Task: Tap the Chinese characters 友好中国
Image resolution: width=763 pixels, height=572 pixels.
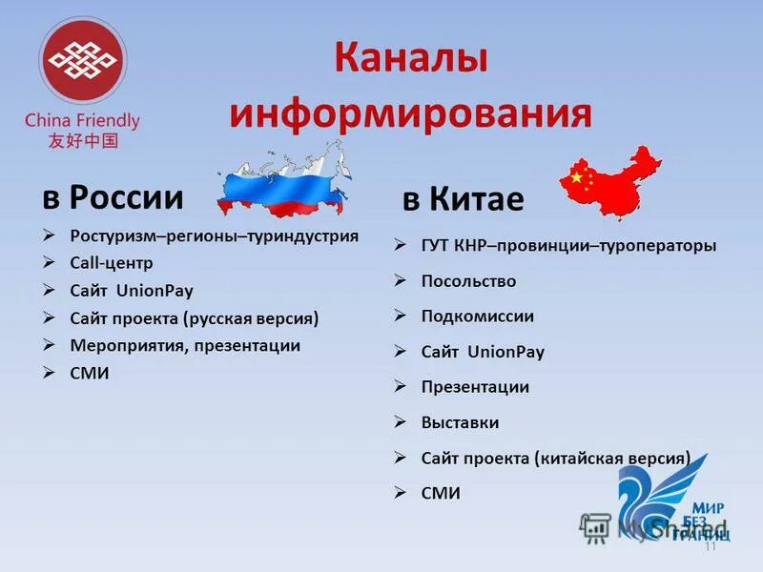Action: (83, 140)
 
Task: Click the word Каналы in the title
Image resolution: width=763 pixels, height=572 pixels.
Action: (410, 59)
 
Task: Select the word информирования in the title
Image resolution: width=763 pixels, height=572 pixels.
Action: (410, 112)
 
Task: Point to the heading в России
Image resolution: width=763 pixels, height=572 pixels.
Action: (113, 197)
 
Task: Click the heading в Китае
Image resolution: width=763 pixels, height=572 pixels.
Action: (463, 199)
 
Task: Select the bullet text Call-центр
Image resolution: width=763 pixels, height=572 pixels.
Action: (111, 262)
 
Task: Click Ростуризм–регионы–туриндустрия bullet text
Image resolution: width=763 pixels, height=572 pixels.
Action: (214, 235)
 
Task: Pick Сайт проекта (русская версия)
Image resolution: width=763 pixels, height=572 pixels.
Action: (194, 317)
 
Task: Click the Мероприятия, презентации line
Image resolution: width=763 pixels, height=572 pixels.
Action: (184, 345)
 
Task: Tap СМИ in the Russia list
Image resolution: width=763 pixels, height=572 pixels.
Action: (90, 373)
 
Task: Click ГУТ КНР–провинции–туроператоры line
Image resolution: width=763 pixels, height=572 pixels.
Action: (567, 246)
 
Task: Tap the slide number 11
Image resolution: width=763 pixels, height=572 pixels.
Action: (710, 547)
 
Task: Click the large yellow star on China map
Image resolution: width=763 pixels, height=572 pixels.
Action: (576, 176)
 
